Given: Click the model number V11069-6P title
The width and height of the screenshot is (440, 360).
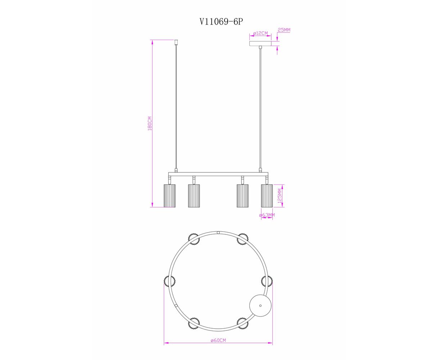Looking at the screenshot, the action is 221,22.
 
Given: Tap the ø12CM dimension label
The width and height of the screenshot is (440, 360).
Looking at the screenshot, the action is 260,33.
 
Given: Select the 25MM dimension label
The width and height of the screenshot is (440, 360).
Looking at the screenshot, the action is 284,30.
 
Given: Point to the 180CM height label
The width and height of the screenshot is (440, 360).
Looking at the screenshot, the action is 150,123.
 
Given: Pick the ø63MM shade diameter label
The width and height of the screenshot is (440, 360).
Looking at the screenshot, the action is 267,215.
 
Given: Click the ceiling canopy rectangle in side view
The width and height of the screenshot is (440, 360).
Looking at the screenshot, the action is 260,43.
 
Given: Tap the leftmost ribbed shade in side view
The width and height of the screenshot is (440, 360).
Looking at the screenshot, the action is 169,195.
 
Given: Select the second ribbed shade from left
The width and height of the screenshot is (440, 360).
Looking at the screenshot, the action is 194,195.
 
